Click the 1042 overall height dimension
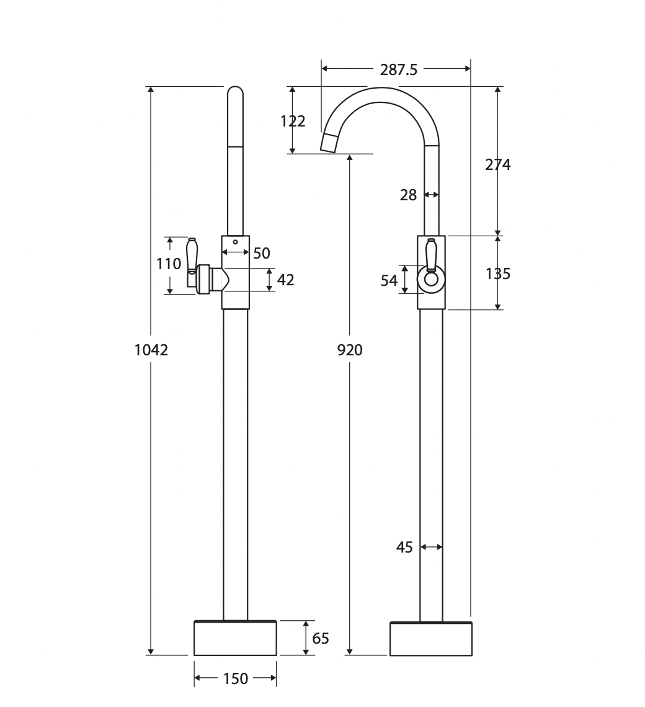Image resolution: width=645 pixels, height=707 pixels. pyautogui.click(x=151, y=350)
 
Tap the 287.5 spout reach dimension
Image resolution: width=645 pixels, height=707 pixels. pyautogui.click(x=399, y=70)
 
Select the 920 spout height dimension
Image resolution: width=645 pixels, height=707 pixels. pyautogui.click(x=350, y=350)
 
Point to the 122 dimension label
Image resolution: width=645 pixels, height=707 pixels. pyautogui.click(x=293, y=122)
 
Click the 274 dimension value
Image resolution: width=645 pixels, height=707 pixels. pyautogui.click(x=498, y=164)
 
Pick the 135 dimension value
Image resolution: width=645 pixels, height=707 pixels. pyautogui.click(x=498, y=273)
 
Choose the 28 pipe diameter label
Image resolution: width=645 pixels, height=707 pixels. pyautogui.click(x=408, y=195)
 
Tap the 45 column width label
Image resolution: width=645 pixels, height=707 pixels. pyautogui.click(x=404, y=548)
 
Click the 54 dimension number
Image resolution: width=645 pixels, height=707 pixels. pyautogui.click(x=389, y=280)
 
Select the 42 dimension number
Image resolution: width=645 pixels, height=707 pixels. pyautogui.click(x=285, y=280)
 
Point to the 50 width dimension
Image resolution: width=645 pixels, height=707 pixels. pyautogui.click(x=262, y=254)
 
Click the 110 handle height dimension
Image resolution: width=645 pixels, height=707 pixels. pyautogui.click(x=169, y=264)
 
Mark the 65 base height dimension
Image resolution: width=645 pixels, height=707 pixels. pyautogui.click(x=321, y=638)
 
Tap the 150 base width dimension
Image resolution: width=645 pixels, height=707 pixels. pyautogui.click(x=236, y=678)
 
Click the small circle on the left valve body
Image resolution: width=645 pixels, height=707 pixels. pyautogui.click(x=235, y=242)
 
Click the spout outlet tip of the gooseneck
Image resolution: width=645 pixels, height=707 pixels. pyautogui.click(x=328, y=145)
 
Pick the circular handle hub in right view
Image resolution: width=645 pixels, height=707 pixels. pyautogui.click(x=431, y=278)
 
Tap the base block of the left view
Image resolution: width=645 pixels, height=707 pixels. pyautogui.click(x=235, y=638)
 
